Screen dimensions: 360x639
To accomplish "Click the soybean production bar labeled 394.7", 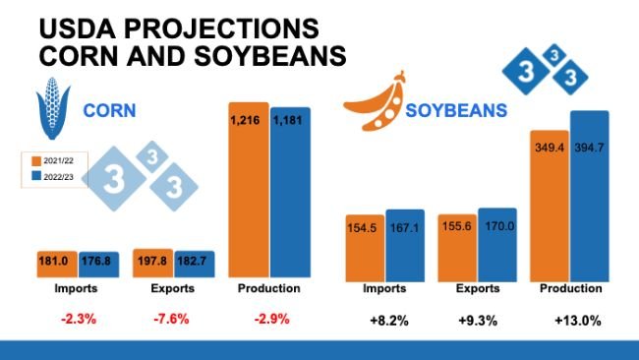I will [591, 196].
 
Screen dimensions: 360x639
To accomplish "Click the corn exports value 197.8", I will [152, 261].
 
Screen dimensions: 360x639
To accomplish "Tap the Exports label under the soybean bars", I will [478, 289].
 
